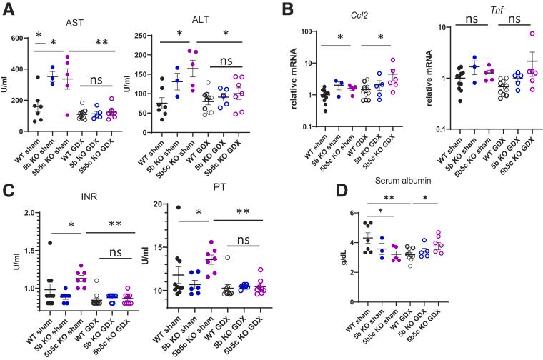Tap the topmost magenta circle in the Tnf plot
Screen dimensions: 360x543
pos(511,34)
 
